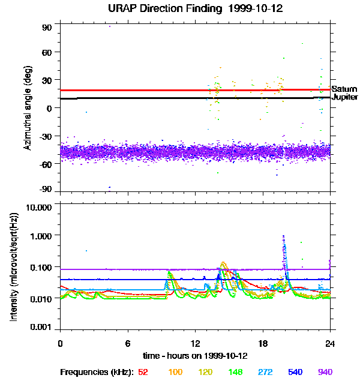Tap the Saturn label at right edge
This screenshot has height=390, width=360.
coord(344,89)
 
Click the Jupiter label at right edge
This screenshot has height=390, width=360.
coord(345,97)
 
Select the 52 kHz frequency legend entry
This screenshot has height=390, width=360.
coord(143,372)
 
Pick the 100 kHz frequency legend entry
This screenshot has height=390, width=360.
coord(175,372)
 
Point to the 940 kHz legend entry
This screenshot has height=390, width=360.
coord(325,372)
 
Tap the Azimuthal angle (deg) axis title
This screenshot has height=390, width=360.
coord(28,109)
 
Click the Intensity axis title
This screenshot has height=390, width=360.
coord(13,268)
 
